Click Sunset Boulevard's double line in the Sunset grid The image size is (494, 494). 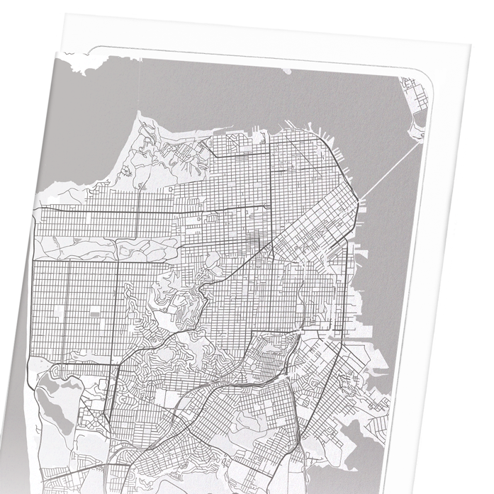pyautogui.click(x=67, y=312)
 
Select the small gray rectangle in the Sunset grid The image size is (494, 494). pyautogui.click(x=96, y=310)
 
